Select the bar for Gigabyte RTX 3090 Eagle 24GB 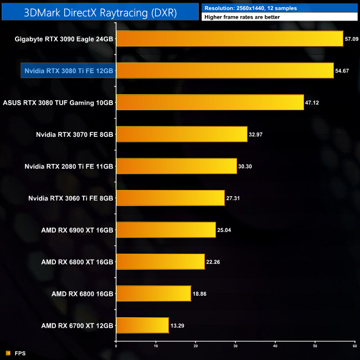(229, 39)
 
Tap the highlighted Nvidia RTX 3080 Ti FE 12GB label (69, 71)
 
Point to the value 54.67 (343, 71)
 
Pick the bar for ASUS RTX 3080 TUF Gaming (209, 102)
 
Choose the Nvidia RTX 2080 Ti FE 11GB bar (176, 166)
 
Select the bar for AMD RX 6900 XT (166, 230)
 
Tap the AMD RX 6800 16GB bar (153, 294)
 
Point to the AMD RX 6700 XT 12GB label (77, 326)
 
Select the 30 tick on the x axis (235, 346)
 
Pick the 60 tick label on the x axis (354, 346)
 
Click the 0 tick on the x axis (116, 346)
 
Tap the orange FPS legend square (7, 352)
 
